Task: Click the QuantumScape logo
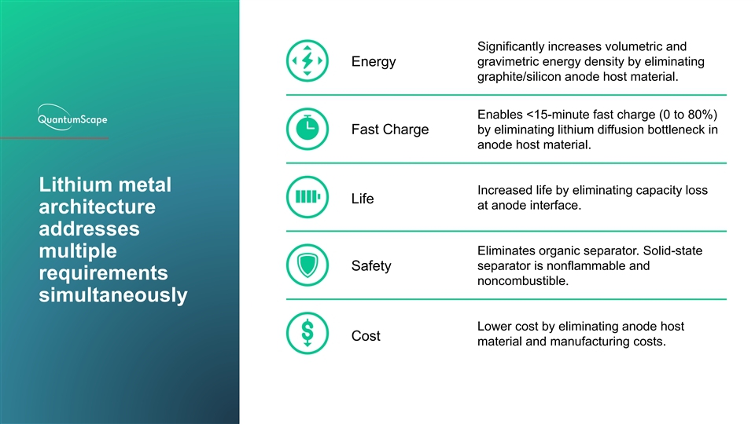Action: (72, 117)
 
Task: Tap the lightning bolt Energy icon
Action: (308, 60)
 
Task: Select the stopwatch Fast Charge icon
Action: (308, 129)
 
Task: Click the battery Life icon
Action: (308, 197)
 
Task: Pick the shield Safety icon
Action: (308, 265)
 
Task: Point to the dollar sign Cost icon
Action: (308, 333)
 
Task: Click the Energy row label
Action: (374, 62)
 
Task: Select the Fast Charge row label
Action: (390, 130)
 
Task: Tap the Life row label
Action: (363, 199)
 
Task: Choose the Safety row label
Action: (371, 266)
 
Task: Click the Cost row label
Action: (366, 335)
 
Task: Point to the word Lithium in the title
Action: (75, 185)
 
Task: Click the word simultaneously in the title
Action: (113, 295)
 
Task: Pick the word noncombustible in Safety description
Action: (523, 281)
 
